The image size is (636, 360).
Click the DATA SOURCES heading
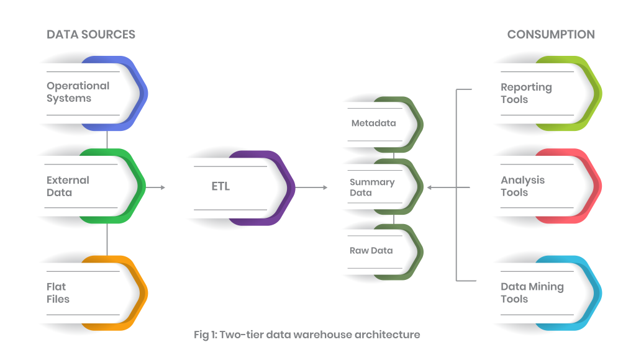(91, 35)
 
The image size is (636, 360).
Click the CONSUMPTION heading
(551, 35)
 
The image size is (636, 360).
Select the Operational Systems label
(78, 92)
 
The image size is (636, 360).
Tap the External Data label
(68, 186)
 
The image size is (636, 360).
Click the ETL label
(220, 186)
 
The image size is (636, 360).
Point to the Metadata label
(373, 123)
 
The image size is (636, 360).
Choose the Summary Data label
(371, 187)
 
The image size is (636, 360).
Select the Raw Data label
(371, 251)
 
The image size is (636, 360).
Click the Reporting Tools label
(526, 93)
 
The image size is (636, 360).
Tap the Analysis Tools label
(522, 186)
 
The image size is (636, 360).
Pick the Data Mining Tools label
(532, 293)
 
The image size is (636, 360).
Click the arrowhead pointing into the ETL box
(163, 187)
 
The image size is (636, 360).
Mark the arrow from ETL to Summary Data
(311, 187)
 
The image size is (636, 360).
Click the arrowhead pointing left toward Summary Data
(429, 187)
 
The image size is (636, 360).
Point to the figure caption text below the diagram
(307, 335)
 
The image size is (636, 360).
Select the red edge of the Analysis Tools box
(597, 186)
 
